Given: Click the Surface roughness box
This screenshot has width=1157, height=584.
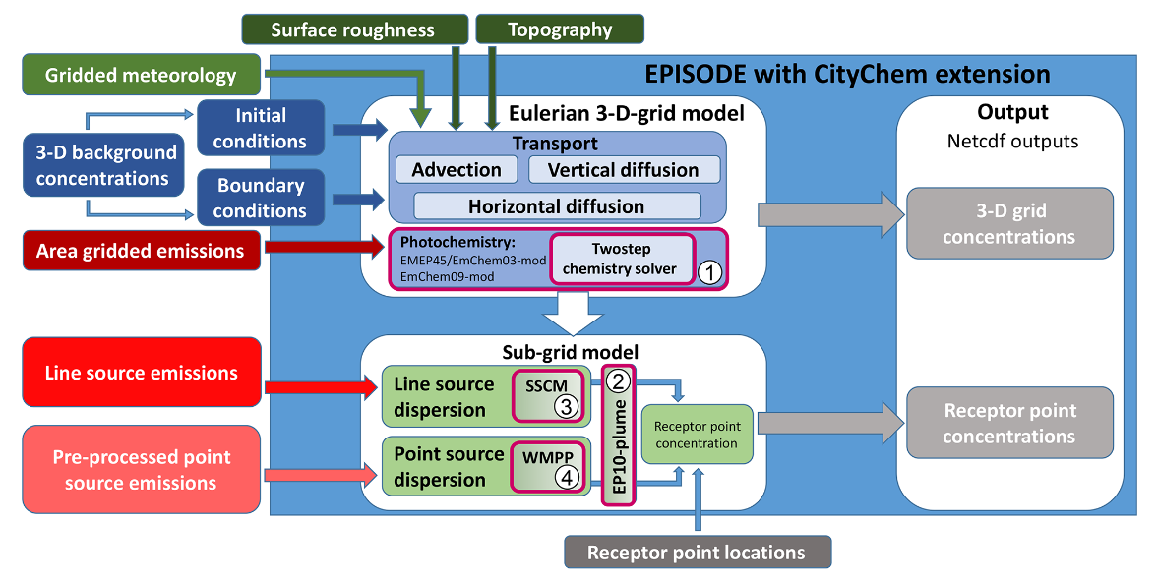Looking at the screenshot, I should point(352,29).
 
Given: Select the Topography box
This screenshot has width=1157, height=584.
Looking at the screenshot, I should point(560,29).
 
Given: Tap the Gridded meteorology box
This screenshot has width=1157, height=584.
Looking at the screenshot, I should point(141,75).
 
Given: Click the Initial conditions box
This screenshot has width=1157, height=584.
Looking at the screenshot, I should point(261,129).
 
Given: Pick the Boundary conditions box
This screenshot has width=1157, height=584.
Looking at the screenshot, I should point(261,198).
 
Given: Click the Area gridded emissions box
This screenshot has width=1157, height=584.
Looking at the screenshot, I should point(141,251).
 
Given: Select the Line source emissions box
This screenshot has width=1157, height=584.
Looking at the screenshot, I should point(141,373).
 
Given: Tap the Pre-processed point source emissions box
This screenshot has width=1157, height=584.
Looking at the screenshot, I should point(141,470).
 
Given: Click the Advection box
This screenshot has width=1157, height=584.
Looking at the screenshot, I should point(457,170).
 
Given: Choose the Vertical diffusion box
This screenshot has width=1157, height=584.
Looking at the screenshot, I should point(624,170).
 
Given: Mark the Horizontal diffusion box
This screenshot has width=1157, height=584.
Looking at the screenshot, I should point(557,206).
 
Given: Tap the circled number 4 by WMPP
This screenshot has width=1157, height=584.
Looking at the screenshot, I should point(563,476).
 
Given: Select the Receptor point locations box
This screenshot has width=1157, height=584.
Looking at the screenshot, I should point(696,553).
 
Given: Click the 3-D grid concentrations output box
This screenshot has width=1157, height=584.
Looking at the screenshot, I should point(1009,224).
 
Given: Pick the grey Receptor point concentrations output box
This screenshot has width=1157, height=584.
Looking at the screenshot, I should point(1009,424).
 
